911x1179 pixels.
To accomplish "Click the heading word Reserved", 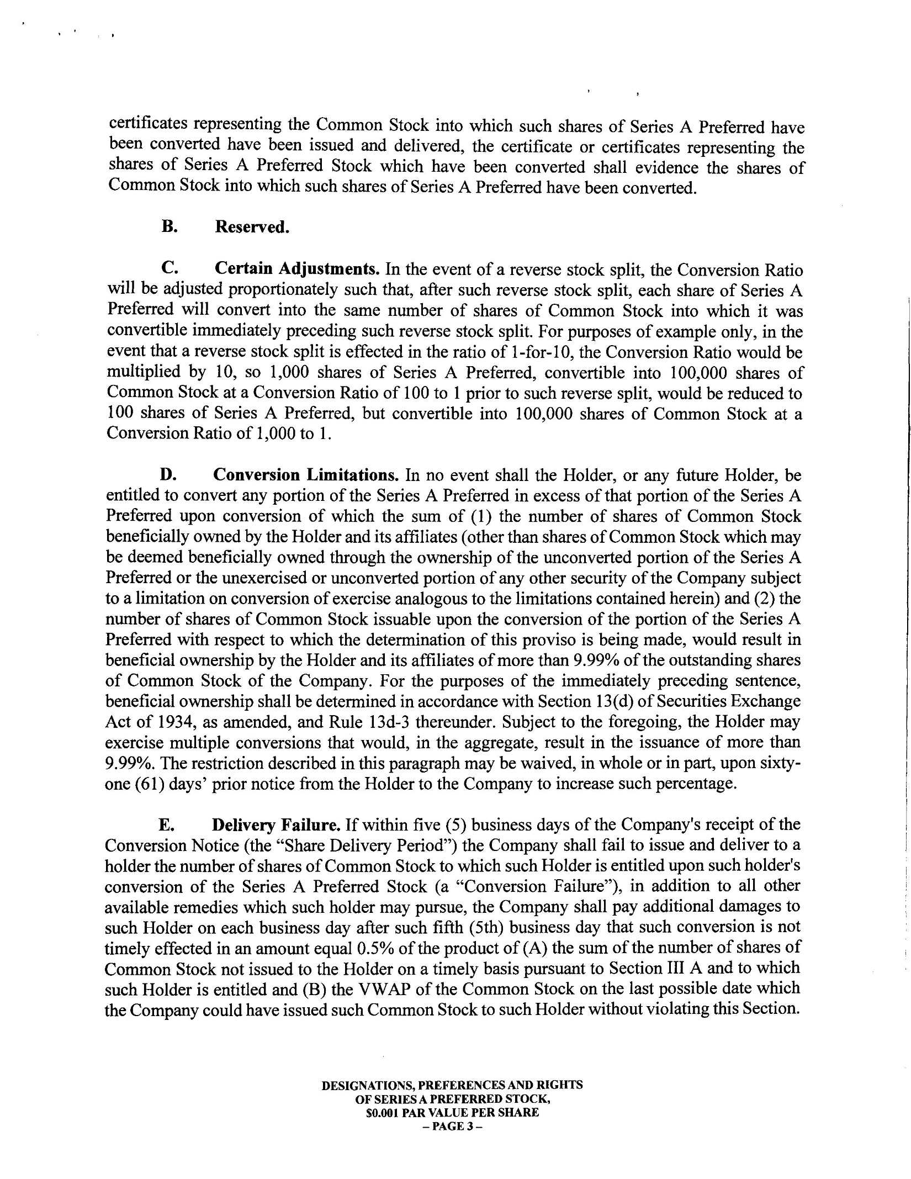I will click(x=252, y=227).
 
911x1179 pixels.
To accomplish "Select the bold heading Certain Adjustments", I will click(x=296, y=269).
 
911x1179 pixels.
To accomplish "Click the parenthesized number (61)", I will click(x=148, y=785).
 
